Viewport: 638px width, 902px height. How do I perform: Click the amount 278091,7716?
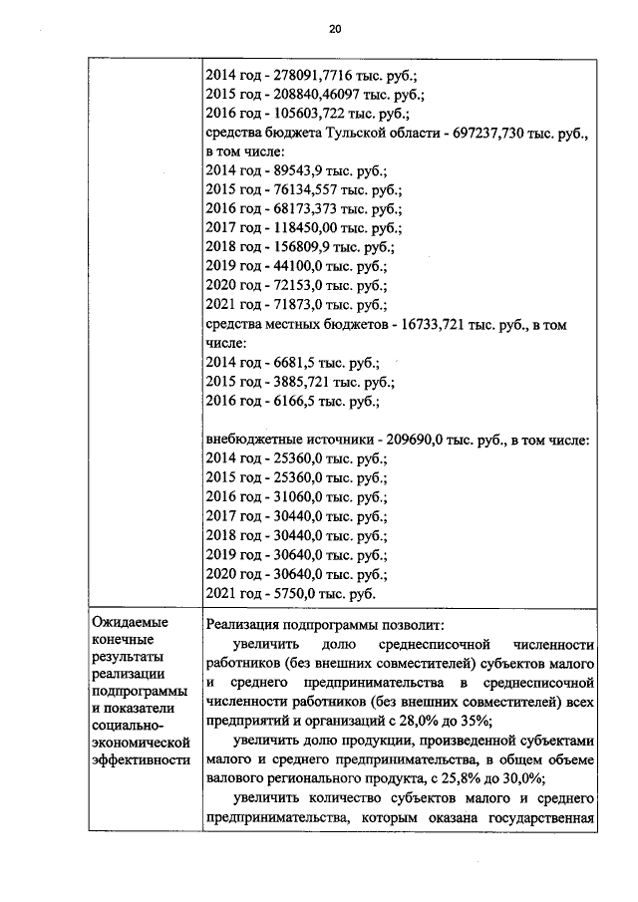click(x=305, y=74)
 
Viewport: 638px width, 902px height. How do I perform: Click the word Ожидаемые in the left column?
click(x=130, y=622)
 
